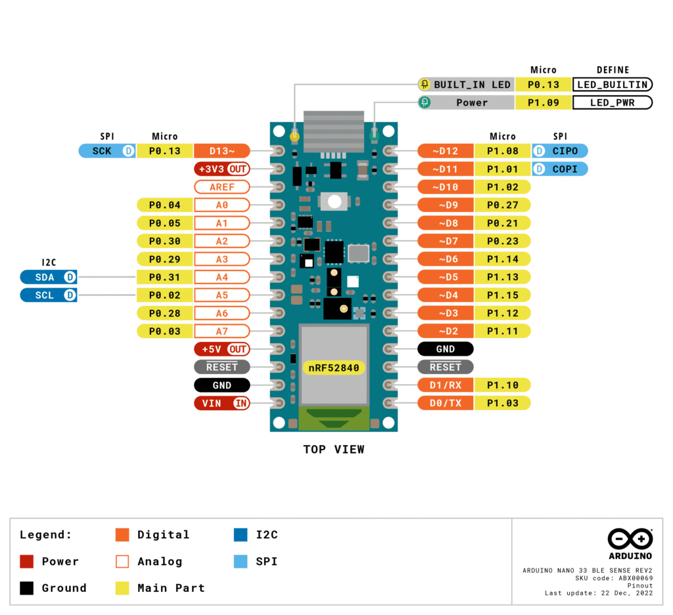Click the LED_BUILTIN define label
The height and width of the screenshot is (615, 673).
[613, 85]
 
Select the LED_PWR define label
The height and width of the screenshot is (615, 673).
[613, 102]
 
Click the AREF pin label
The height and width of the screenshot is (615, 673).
[222, 187]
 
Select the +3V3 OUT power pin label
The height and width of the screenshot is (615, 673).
[222, 169]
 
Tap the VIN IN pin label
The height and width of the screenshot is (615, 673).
[222, 403]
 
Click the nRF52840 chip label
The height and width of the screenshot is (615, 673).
[334, 368]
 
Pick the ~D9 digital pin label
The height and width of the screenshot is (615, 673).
[446, 205]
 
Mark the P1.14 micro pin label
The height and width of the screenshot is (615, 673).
[503, 259]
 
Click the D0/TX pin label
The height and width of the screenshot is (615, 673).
[446, 403]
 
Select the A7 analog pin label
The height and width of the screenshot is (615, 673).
[222, 331]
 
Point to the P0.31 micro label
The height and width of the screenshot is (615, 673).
[164, 277]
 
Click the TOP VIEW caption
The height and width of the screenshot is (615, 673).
[333, 450]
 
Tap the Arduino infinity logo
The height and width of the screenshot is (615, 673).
[630, 540]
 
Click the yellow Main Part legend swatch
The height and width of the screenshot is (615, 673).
[122, 588]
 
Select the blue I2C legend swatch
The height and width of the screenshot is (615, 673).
[241, 535]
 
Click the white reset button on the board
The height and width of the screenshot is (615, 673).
[333, 202]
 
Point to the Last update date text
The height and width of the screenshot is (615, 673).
[598, 593]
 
